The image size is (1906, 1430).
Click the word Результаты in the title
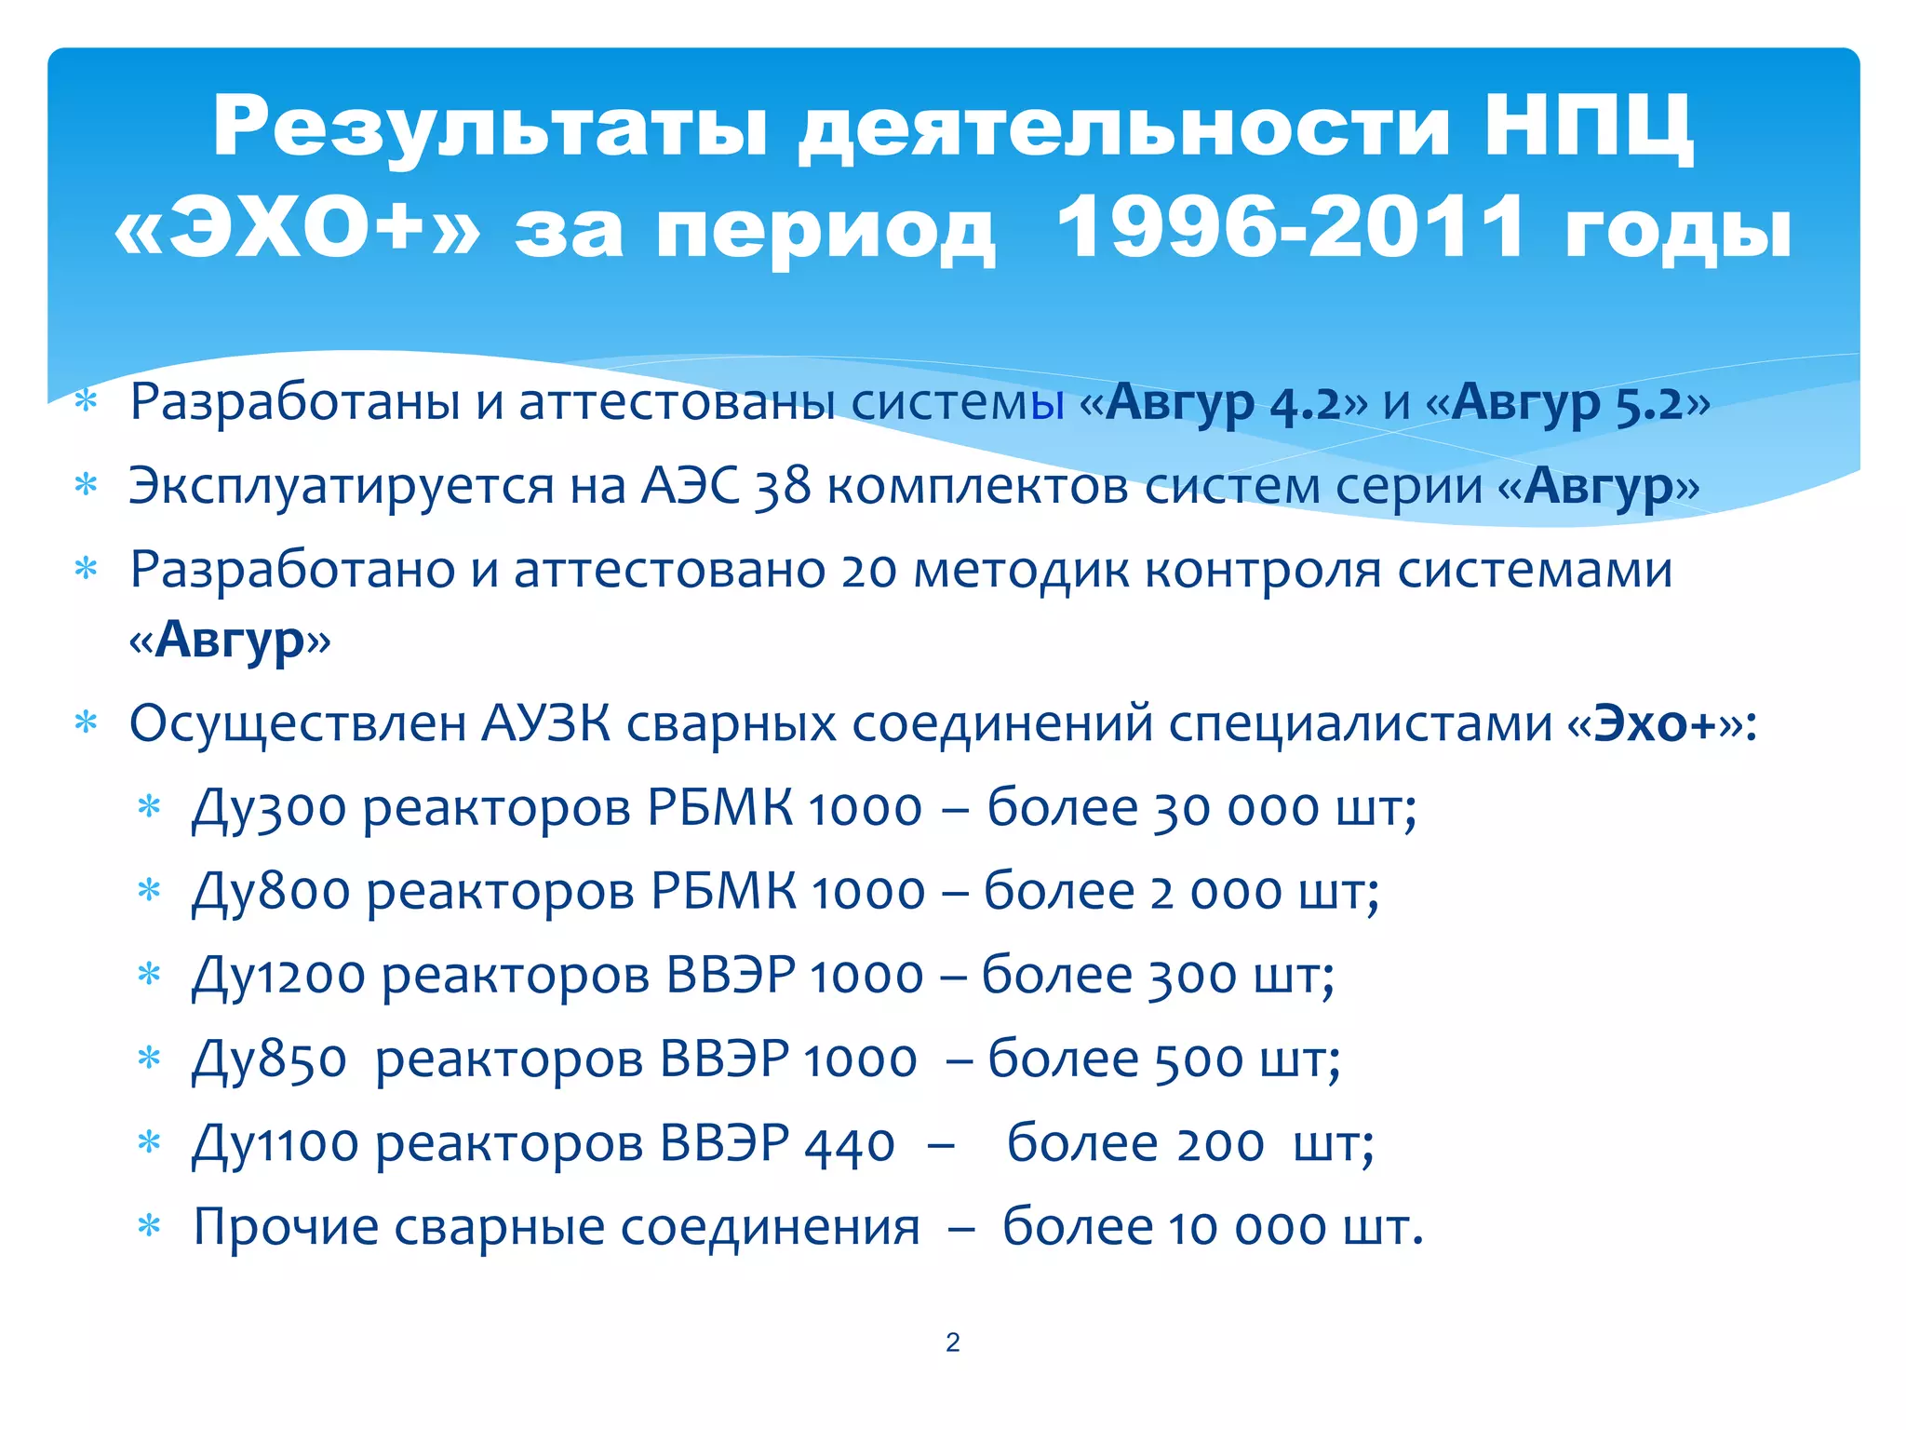tap(490, 128)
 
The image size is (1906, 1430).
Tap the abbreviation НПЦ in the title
tap(1588, 128)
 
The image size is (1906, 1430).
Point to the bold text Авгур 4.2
tap(1223, 403)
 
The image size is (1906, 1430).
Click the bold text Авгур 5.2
tap(1567, 403)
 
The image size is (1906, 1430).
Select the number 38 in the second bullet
tap(782, 486)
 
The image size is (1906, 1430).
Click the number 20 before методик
tap(868, 571)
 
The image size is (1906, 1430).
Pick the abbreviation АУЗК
tap(545, 724)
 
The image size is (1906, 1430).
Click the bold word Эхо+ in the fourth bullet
tap(1654, 724)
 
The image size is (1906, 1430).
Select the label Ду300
tap(269, 808)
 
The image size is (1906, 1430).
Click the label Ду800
tap(271, 892)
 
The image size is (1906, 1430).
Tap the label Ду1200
tap(278, 976)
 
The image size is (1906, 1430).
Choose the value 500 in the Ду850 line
tap(1199, 1059)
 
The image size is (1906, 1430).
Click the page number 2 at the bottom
tap(952, 1342)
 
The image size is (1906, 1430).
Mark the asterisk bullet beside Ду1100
tap(149, 1142)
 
